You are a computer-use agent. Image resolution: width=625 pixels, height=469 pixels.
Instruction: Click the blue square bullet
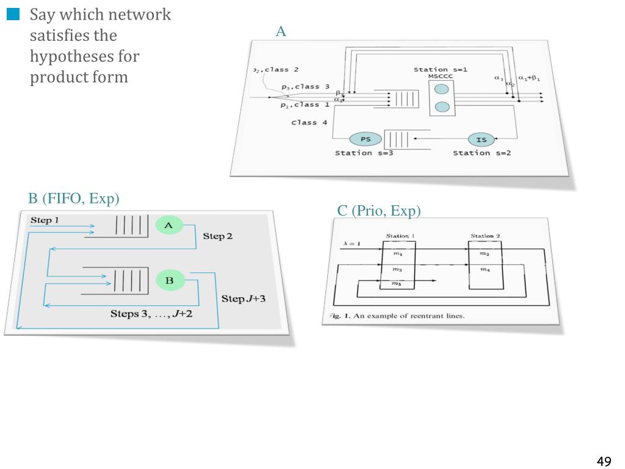point(13,15)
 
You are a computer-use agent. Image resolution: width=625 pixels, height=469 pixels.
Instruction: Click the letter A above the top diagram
point(281,32)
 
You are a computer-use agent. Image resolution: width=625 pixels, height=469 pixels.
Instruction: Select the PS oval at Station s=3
point(366,139)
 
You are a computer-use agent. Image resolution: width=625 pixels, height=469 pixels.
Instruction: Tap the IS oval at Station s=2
point(482,140)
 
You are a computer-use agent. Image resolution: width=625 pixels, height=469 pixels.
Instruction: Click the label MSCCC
point(441,76)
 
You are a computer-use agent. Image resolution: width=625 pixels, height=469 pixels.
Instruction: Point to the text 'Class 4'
point(309,123)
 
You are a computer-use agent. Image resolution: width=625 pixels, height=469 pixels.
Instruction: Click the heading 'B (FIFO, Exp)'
point(74,198)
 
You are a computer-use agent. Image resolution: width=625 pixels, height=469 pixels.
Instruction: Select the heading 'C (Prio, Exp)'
point(379,211)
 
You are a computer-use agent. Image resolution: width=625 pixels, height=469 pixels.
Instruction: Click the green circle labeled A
point(169,225)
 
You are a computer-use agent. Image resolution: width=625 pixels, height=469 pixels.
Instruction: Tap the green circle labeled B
point(170,280)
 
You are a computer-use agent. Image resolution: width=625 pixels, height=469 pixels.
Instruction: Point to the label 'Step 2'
point(217,236)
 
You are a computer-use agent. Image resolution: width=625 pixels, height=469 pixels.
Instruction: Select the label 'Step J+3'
point(243,299)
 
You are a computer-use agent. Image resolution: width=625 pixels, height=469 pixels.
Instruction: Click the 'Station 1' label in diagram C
point(400,236)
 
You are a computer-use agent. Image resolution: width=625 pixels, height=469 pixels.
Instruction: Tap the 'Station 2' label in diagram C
point(485,236)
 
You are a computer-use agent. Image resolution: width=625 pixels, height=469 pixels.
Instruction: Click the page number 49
point(604,461)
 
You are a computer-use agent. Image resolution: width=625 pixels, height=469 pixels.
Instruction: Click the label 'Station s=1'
point(441,69)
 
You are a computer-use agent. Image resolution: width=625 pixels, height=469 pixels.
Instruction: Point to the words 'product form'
point(79,78)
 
